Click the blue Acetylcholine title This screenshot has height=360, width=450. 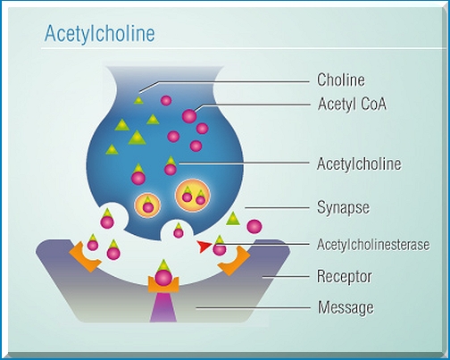(99, 33)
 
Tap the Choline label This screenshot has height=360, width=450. (341, 80)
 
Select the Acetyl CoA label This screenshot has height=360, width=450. (352, 104)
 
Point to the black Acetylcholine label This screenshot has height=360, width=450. (359, 163)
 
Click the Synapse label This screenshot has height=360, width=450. (343, 207)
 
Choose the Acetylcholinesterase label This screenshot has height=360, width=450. (373, 245)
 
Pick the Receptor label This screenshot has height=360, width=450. (345, 277)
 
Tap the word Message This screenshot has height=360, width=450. (346, 307)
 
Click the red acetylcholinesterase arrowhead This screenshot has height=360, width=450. (204, 247)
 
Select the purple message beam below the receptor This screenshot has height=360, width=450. (163, 307)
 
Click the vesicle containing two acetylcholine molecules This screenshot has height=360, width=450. (193, 196)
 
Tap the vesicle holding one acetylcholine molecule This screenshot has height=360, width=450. (147, 205)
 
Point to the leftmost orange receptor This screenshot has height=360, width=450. (84, 257)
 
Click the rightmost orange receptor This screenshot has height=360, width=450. (235, 261)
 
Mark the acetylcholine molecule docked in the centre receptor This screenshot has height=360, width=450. (163, 274)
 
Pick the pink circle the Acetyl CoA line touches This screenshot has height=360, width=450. (189, 116)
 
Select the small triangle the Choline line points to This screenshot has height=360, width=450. (138, 100)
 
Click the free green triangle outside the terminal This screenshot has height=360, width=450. (233, 219)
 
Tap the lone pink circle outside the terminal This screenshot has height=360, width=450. (254, 227)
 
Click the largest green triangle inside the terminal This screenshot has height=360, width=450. (137, 138)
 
